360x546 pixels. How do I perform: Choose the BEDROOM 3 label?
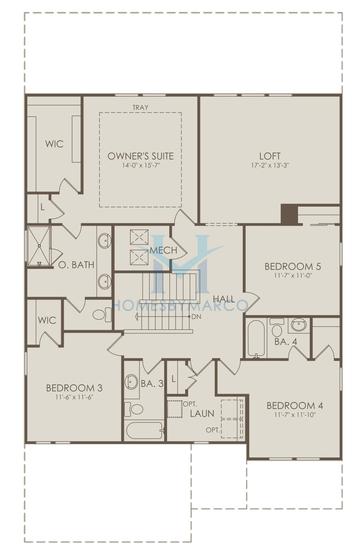(x=74, y=388)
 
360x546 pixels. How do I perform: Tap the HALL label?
(x=224, y=299)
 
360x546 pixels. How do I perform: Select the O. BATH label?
(x=76, y=266)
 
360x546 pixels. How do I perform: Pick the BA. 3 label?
(x=152, y=384)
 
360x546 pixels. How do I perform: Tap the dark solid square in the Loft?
(x=289, y=214)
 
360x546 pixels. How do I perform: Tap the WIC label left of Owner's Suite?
(x=53, y=144)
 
